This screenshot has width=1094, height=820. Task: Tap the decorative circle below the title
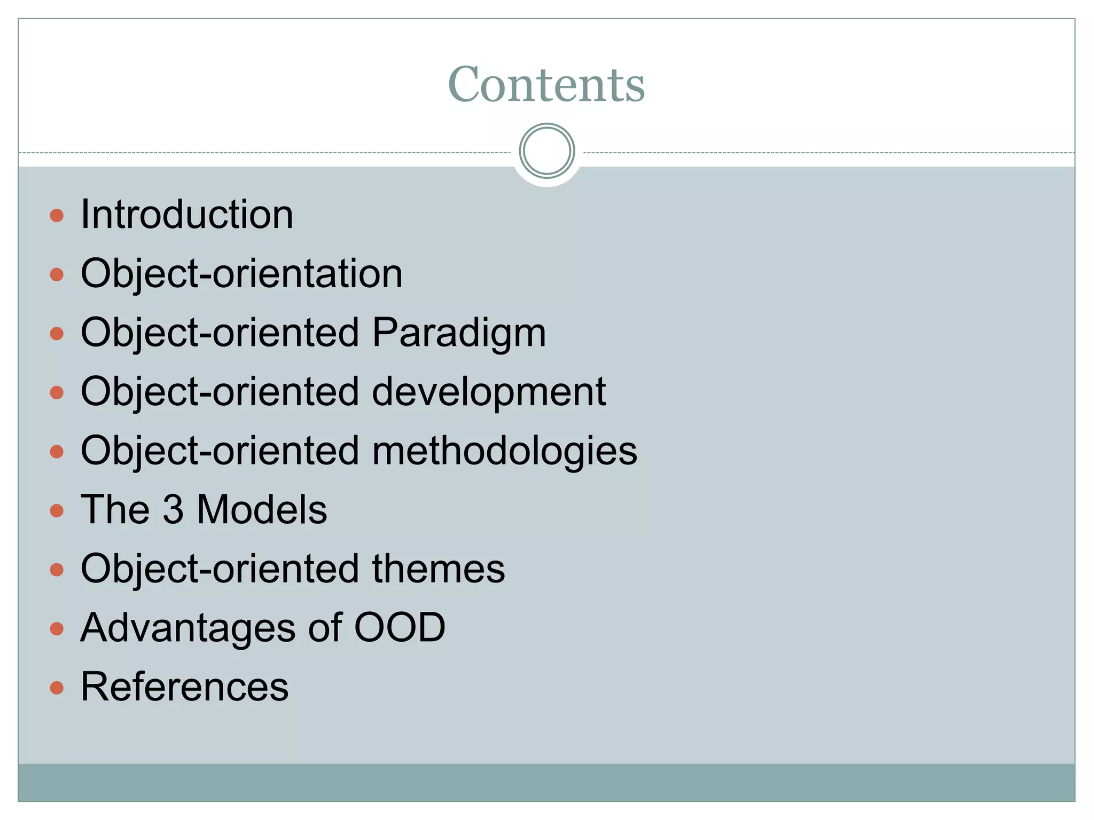coord(546,151)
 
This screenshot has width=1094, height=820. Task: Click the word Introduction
coord(187,215)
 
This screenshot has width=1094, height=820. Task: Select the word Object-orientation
coord(241,274)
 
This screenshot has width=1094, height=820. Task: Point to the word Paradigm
coord(459,333)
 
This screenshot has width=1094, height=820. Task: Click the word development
coord(489,392)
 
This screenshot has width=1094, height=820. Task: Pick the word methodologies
coord(504,451)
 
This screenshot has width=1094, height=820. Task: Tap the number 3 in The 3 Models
coord(173,510)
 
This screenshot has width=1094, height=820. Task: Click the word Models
coord(262,510)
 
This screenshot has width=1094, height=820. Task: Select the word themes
coord(438,569)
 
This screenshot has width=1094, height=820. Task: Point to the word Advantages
coord(188,628)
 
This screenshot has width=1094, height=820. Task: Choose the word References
coord(185,687)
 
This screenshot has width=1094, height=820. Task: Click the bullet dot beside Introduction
coord(57,216)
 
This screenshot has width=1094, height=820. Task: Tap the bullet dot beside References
coord(57,688)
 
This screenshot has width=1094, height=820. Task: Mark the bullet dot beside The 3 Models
coord(57,511)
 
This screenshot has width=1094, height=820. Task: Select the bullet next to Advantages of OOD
coord(57,628)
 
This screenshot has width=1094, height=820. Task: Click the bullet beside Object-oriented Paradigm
coord(57,334)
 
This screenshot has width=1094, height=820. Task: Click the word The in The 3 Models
coord(115,510)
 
